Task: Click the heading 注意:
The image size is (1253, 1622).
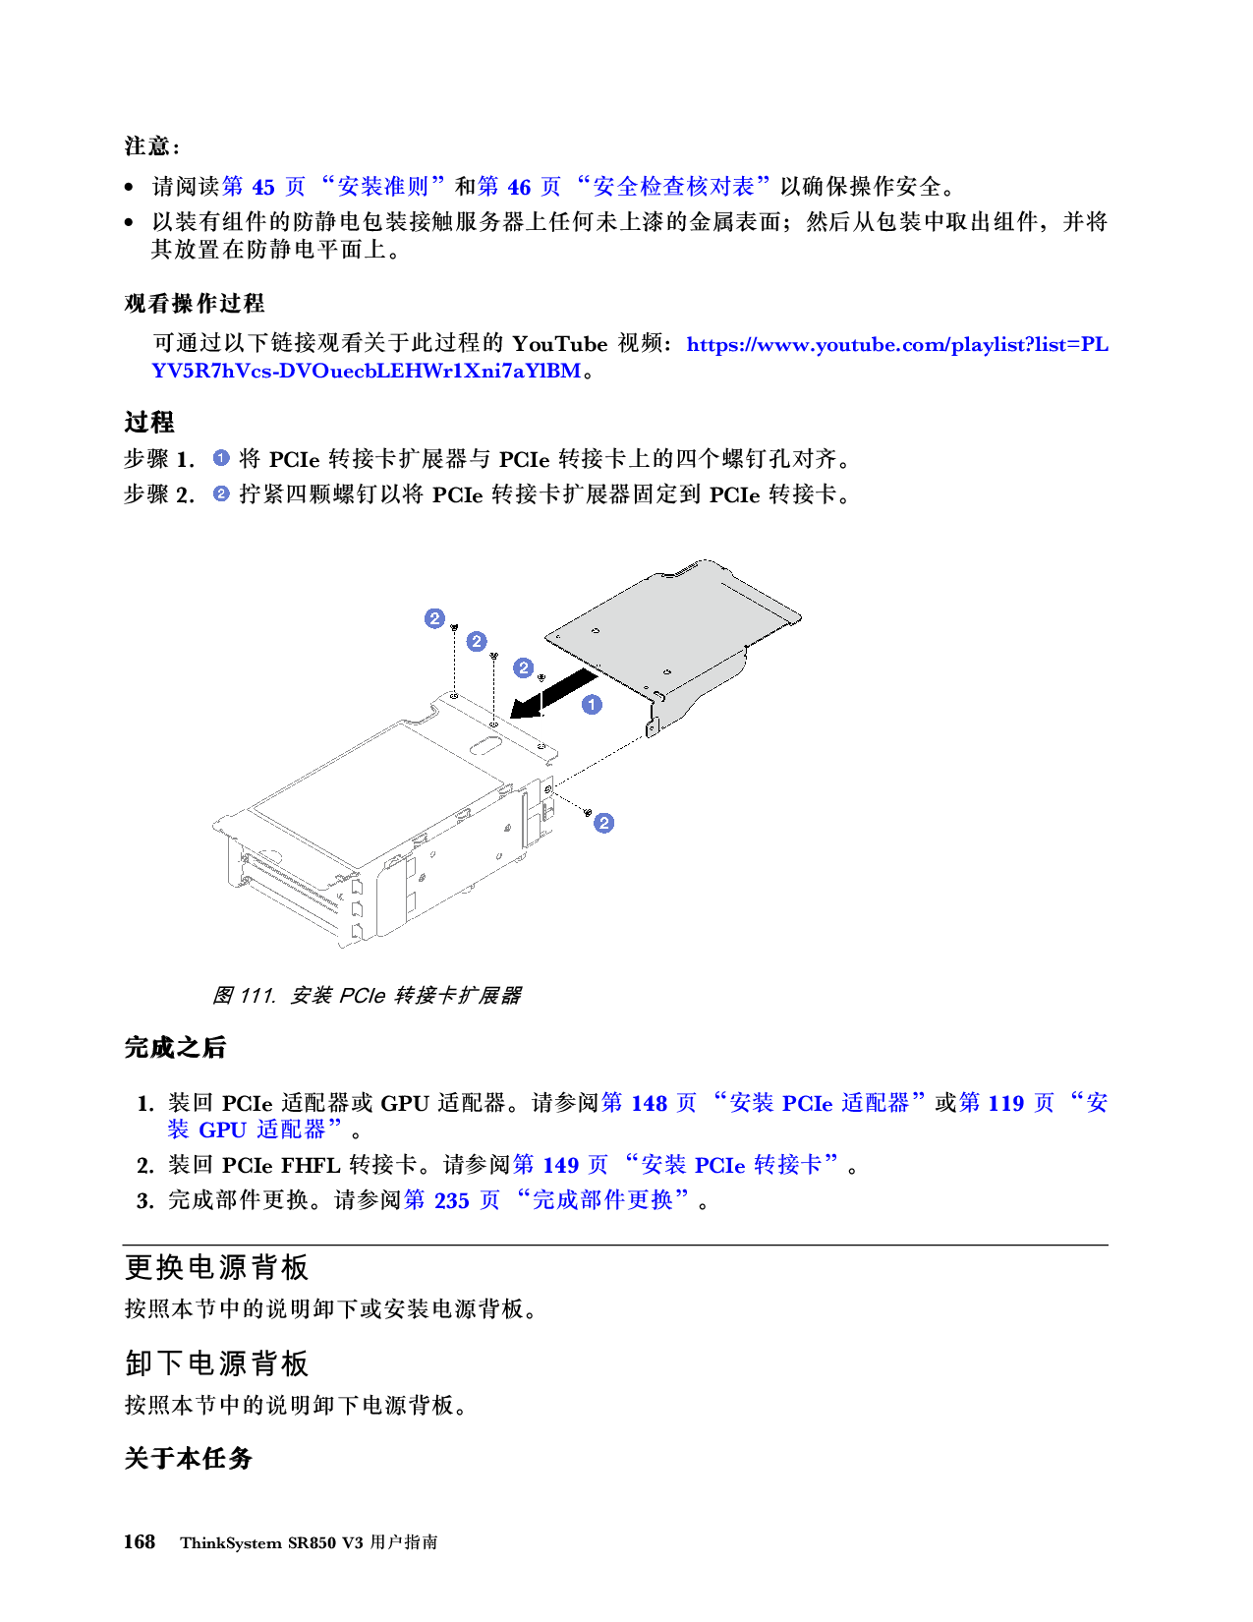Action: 152,146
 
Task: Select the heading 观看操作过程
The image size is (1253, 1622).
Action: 195,303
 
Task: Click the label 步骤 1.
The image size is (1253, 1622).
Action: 159,459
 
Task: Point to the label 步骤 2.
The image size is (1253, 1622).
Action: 159,494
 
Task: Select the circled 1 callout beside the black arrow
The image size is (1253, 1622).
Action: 592,705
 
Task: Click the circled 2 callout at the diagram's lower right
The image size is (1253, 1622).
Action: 604,823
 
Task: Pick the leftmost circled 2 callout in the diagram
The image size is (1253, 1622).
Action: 434,618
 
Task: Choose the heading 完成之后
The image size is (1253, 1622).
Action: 175,1048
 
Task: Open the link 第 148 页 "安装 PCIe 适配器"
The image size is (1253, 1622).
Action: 763,1103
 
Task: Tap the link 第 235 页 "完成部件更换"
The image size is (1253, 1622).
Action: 550,1200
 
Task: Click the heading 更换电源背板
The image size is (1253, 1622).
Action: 217,1268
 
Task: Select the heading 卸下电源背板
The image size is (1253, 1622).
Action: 217,1363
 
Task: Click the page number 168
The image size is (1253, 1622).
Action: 140,1541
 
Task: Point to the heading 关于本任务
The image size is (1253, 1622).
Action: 188,1458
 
